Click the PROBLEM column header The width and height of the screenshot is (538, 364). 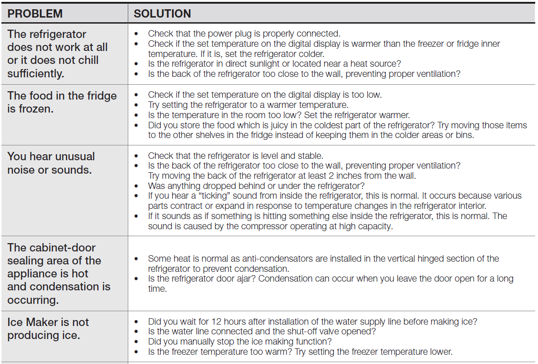click(x=35, y=14)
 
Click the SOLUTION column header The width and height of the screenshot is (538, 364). click(x=162, y=14)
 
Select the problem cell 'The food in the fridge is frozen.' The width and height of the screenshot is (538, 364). click(x=62, y=102)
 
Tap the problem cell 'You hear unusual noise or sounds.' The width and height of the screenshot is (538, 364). click(x=51, y=163)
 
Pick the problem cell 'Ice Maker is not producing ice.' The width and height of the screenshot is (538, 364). click(x=48, y=328)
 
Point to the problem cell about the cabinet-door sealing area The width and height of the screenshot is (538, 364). click(x=59, y=274)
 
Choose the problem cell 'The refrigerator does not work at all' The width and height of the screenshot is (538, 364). click(x=57, y=54)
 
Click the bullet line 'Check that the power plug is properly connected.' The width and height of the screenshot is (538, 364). click(x=244, y=33)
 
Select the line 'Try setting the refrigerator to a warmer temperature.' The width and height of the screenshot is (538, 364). click(x=248, y=105)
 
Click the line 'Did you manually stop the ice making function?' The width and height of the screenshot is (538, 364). click(x=240, y=342)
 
